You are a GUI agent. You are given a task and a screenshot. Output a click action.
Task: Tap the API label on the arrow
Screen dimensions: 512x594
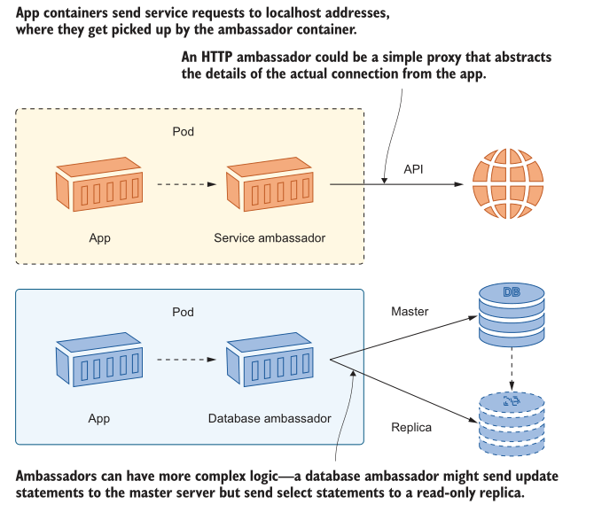click(414, 168)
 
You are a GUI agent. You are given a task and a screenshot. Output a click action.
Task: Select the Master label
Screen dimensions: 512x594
click(410, 312)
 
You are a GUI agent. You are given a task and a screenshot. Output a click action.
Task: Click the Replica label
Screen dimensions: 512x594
click(411, 427)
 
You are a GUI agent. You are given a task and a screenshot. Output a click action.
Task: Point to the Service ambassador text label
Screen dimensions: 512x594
click(270, 237)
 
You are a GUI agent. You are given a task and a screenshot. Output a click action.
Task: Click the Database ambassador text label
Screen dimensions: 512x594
click(270, 418)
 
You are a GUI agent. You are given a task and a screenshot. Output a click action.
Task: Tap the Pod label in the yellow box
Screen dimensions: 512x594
click(183, 132)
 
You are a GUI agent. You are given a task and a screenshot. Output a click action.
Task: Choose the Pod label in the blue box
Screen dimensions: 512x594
click(183, 313)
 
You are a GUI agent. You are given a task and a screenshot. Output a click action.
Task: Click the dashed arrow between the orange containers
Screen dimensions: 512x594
click(186, 185)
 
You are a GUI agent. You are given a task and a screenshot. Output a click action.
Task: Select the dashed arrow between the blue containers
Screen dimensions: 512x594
click(186, 360)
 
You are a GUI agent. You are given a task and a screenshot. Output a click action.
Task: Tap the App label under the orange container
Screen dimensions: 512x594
click(99, 237)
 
